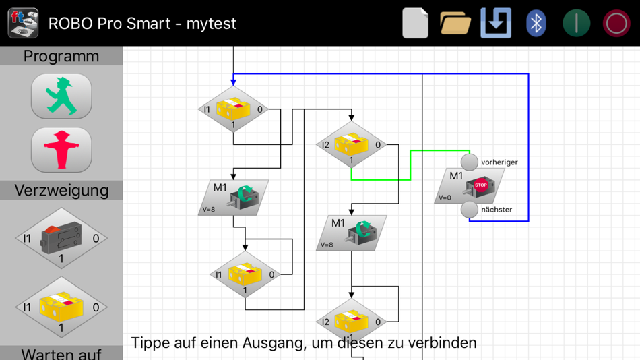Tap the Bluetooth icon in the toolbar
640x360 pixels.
coord(536,23)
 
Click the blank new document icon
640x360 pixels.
coord(415,23)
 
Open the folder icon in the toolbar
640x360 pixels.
coord(455,23)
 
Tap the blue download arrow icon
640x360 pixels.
coord(496,23)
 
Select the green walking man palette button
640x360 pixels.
coord(61,96)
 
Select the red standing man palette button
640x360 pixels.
coord(61,150)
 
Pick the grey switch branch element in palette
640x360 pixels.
coord(61,238)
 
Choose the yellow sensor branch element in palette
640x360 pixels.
coord(61,307)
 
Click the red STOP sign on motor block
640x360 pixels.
coord(480,185)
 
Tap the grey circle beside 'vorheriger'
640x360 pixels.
coord(470,162)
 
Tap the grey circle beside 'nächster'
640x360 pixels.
coord(470,210)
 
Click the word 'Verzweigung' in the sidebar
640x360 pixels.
coord(61,190)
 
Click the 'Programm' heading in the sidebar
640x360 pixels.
coord(61,56)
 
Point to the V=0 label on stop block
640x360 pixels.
coord(445,198)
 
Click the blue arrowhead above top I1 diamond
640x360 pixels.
coord(233,82)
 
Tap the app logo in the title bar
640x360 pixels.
coord(23,23)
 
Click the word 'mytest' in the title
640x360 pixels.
coord(211,23)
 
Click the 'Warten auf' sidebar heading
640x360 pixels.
coord(61,353)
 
